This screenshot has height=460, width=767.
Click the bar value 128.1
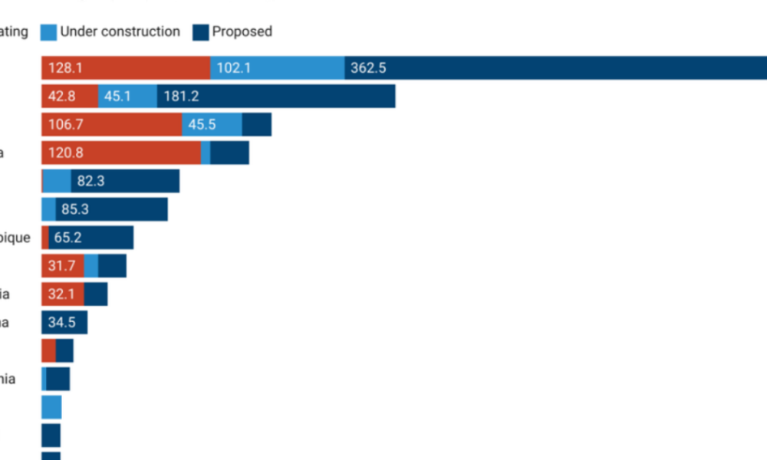pyautogui.click(x=65, y=68)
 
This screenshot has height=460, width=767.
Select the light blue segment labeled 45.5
pyautogui.click(x=212, y=125)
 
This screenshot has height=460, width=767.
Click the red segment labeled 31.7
pyautogui.click(x=62, y=266)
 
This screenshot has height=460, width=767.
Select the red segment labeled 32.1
pyautogui.click(x=62, y=294)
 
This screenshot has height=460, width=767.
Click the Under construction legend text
pyautogui.click(x=120, y=31)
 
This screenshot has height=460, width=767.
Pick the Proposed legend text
pyautogui.click(x=242, y=31)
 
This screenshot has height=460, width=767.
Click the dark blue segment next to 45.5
pyautogui.click(x=257, y=125)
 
